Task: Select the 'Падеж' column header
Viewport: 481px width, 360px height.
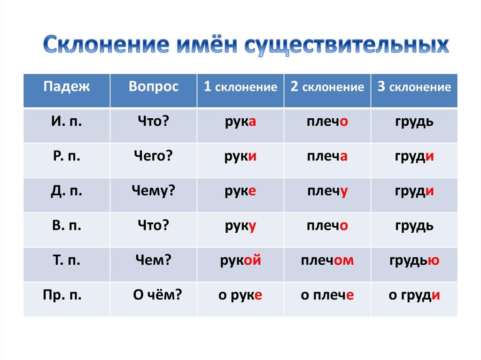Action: [x=66, y=87]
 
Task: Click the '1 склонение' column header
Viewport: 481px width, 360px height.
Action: [x=240, y=87]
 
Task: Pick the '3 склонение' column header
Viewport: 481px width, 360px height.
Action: [x=414, y=87]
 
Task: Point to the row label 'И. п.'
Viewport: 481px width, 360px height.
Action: [x=66, y=122]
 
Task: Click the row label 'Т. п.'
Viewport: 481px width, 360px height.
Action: [x=66, y=260]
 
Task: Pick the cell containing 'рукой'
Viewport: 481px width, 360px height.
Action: [x=240, y=260]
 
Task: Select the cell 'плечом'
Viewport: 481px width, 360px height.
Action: [x=327, y=260]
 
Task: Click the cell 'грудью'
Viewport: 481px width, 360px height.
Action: [x=414, y=260]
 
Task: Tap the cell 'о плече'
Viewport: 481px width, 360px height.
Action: [x=327, y=295]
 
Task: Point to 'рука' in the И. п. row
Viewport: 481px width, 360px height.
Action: [x=240, y=122]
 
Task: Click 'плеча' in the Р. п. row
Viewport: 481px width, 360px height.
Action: [x=327, y=157]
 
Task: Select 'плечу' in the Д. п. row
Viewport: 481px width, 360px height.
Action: [x=327, y=191]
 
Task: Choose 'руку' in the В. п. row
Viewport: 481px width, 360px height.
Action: [x=240, y=225]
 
